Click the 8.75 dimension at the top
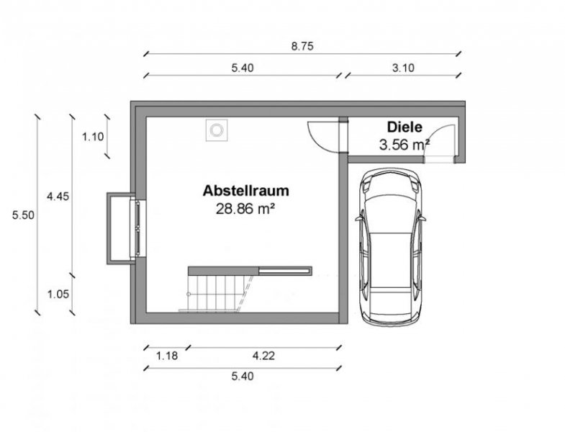tap(302, 45)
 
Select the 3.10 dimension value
tap(404, 68)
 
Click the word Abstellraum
tap(246, 191)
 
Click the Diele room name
tap(403, 127)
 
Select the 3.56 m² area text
tap(404, 144)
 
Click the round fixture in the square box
tap(215, 130)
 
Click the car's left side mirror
tap(358, 216)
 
